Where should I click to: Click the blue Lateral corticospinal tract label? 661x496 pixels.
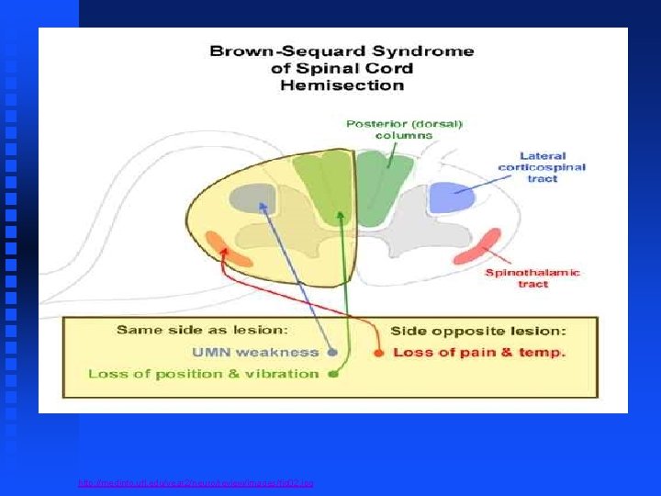coord(541,167)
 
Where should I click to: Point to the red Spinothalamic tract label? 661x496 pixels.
coord(532,278)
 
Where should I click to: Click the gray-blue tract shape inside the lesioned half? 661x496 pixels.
coord(252,197)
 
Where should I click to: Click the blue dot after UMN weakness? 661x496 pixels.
coord(332,352)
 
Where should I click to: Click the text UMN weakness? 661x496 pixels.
coord(255,352)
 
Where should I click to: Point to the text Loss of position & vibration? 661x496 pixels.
coord(203,374)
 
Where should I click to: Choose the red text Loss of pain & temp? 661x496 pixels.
coord(479,352)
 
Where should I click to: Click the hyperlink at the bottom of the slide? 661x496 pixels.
coord(196,481)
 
